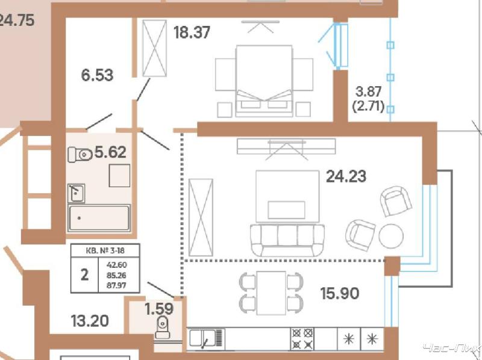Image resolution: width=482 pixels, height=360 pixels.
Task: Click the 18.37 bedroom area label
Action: [x=192, y=33]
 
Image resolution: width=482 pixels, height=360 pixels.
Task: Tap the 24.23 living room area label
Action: [x=346, y=176]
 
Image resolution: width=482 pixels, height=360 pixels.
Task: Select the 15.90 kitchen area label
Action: [x=340, y=293]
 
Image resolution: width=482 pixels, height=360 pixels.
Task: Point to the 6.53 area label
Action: [x=97, y=75]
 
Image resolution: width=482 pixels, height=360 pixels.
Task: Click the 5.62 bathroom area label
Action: [x=110, y=152]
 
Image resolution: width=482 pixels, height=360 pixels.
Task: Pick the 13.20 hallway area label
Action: [x=90, y=321]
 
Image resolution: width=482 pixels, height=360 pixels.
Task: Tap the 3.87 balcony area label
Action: [x=368, y=92]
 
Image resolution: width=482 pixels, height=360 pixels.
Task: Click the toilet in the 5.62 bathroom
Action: [x=80, y=155]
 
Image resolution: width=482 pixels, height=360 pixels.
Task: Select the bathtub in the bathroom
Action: [x=99, y=218]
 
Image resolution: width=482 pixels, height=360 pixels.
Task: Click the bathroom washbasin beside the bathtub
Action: [x=77, y=193]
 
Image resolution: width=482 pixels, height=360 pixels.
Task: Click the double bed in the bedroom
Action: [x=264, y=81]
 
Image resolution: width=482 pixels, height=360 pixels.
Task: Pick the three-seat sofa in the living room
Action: [x=287, y=240]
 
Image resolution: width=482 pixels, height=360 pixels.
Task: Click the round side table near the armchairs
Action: [x=390, y=236]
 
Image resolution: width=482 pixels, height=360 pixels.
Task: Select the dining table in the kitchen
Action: [x=272, y=293]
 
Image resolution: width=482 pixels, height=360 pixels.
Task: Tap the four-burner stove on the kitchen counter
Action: [x=302, y=339]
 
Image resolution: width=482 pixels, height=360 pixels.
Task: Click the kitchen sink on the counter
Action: [x=206, y=339]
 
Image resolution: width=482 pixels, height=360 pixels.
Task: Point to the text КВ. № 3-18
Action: [x=105, y=250]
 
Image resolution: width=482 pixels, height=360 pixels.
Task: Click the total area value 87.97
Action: [x=116, y=285]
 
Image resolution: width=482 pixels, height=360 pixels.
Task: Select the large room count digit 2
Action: [x=84, y=275]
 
